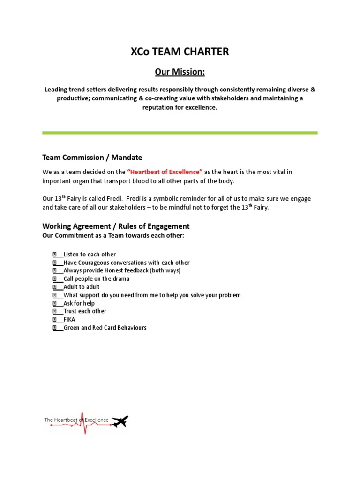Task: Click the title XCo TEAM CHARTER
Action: click(180, 52)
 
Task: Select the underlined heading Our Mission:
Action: click(180, 72)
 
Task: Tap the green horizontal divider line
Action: click(180, 133)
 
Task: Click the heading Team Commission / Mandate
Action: click(92, 157)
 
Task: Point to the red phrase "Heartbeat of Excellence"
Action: click(165, 172)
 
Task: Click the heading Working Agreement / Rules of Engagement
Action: click(116, 226)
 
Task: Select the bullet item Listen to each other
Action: click(89, 255)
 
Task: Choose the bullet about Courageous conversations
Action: click(126, 262)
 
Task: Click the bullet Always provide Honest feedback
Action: click(121, 270)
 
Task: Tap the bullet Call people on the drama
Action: click(96, 278)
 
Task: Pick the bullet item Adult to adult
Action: click(81, 287)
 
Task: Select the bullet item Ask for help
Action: click(79, 303)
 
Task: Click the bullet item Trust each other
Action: click(84, 311)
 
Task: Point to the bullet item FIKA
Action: click(69, 319)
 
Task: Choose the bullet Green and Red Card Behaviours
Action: click(105, 328)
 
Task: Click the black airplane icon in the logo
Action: click(120, 421)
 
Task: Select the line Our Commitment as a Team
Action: click(113, 235)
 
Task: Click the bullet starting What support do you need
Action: click(152, 295)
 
